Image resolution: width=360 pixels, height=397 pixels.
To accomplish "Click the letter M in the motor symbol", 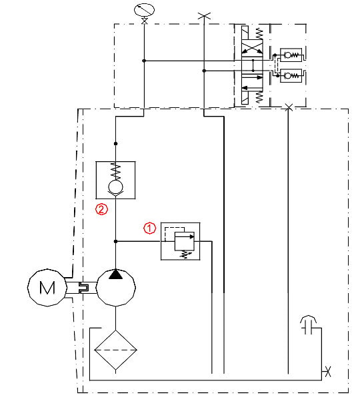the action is (47, 288).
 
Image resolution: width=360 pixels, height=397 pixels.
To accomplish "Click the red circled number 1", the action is (150, 228).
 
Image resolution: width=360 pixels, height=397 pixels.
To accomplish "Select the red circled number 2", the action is (101, 209).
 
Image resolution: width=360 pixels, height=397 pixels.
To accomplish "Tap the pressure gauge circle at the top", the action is (144, 11).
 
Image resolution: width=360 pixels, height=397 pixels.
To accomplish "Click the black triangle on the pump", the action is (115, 274).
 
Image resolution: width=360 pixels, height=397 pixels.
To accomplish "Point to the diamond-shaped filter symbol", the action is (115, 350).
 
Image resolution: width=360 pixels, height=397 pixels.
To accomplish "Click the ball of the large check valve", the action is (115, 187).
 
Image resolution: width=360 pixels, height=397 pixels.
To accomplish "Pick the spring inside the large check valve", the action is (115, 171).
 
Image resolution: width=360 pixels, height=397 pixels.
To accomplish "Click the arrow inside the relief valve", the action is (185, 237).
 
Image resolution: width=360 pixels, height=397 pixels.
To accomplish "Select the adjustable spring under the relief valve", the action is (185, 254).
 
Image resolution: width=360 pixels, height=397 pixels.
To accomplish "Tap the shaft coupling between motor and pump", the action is (84, 288).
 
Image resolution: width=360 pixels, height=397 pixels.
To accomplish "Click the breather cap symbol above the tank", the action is (308, 324).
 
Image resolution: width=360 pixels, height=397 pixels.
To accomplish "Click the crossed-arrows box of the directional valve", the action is (252, 48).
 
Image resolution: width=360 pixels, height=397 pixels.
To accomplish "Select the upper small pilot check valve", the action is (291, 55).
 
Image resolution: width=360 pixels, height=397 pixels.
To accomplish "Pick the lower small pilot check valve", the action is (291, 75).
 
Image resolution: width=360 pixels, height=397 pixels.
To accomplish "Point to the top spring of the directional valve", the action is (259, 33).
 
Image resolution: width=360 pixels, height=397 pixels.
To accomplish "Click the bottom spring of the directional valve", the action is (259, 97).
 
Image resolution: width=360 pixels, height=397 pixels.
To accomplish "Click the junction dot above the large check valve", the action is (115, 144).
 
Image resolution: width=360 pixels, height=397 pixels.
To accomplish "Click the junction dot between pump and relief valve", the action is (115, 241).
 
